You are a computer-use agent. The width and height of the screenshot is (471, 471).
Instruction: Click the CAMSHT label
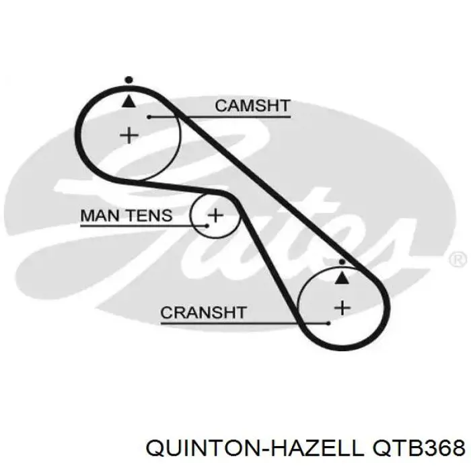(x=252, y=106)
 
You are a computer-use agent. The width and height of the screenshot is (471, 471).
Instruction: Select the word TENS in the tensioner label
(x=149, y=215)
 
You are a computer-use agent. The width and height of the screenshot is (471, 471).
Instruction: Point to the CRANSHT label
(x=203, y=312)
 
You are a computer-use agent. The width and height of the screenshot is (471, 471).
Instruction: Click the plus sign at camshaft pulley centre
(x=129, y=135)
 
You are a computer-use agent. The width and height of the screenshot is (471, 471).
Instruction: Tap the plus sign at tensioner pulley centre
(x=216, y=215)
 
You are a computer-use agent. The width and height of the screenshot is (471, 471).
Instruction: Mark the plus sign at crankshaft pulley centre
(x=342, y=308)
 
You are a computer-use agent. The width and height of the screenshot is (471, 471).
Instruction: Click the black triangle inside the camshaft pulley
(x=129, y=101)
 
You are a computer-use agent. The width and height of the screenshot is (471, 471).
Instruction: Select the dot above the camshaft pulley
(x=129, y=80)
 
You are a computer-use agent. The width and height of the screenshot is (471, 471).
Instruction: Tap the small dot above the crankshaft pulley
(x=342, y=262)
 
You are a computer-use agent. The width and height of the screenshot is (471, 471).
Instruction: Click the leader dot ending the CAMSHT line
(x=149, y=116)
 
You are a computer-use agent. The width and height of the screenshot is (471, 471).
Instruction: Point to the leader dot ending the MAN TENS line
(x=207, y=225)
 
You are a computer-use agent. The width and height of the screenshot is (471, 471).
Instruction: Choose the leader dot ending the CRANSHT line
(x=328, y=323)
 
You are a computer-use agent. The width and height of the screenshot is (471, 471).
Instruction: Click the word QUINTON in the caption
(x=205, y=449)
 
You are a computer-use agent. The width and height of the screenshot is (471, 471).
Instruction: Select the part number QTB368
(x=419, y=449)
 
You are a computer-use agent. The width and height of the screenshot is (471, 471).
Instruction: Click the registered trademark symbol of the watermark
(x=458, y=260)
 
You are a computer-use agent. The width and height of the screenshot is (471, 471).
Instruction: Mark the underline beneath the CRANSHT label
(x=245, y=324)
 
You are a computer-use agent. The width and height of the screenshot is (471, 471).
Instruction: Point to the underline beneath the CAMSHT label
(x=220, y=116)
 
